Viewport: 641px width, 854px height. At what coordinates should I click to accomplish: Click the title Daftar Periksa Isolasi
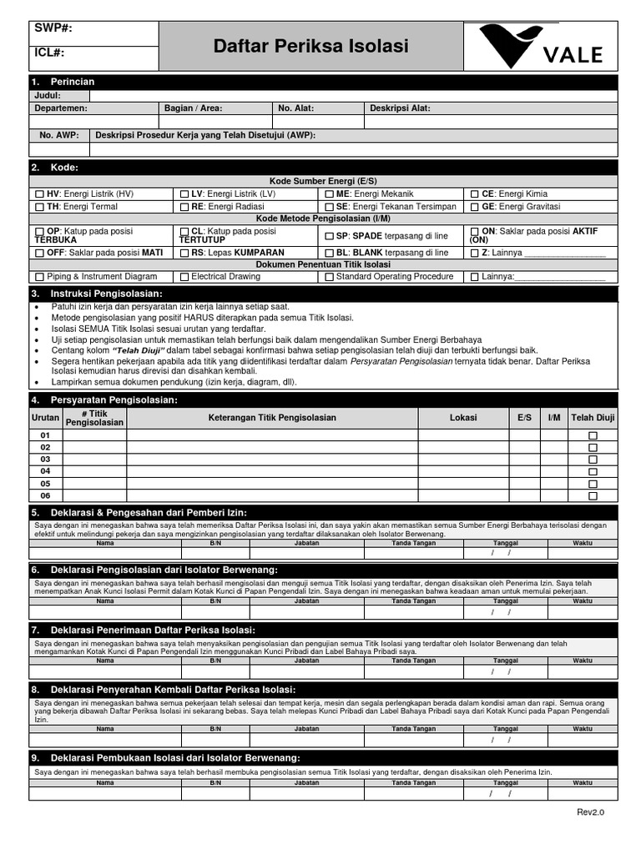[310, 46]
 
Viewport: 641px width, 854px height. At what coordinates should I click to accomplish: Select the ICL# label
[50, 53]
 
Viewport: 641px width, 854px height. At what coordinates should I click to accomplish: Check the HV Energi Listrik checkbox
[38, 193]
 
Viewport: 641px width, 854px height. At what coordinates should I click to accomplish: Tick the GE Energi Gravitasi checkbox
[475, 207]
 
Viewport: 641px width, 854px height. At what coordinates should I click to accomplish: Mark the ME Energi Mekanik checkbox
[329, 193]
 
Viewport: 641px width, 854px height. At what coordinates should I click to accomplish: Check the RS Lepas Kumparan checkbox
[184, 253]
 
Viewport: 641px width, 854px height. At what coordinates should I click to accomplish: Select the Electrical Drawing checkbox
[184, 277]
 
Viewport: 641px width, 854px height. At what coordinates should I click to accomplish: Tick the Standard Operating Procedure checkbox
[329, 277]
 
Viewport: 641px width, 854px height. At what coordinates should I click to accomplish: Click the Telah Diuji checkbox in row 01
[593, 435]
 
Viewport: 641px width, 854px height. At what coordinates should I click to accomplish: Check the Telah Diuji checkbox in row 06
[593, 495]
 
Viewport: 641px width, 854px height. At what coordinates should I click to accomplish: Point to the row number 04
[45, 471]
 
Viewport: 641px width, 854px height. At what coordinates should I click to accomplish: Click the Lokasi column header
[463, 417]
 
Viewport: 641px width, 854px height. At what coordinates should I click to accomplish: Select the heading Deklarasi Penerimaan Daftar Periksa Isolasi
[153, 629]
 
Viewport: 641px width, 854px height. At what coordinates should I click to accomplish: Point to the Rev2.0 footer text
[589, 811]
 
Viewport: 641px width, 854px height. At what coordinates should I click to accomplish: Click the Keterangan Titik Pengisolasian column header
[272, 417]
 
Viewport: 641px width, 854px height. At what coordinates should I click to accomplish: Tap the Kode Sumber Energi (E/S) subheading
[322, 181]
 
